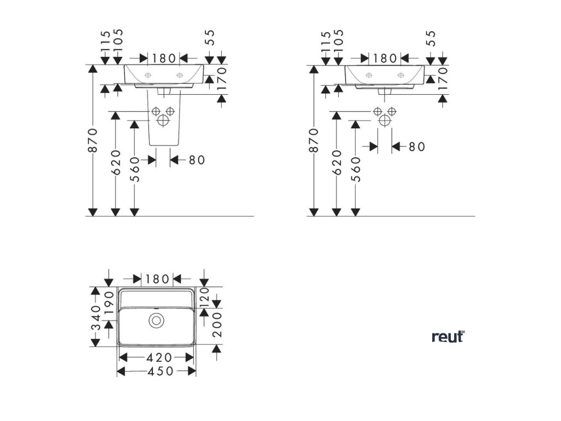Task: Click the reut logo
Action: (448, 336)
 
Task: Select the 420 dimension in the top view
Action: (157, 357)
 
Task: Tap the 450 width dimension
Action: (157, 371)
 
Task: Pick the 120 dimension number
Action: (204, 296)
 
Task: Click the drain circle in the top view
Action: (157, 320)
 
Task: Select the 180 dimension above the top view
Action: (158, 279)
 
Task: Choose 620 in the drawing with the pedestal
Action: (116, 163)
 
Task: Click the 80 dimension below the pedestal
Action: (196, 160)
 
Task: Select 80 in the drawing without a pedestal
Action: (417, 147)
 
